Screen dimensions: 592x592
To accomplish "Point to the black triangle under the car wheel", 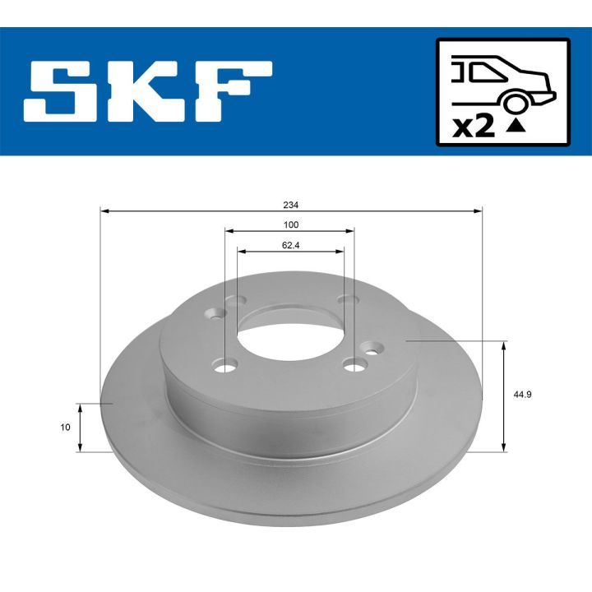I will coord(515,126).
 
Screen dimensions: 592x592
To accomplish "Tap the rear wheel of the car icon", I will coord(515,101).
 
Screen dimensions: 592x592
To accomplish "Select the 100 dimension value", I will coord(290,224).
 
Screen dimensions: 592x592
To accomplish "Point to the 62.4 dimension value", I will coord(290,243).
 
